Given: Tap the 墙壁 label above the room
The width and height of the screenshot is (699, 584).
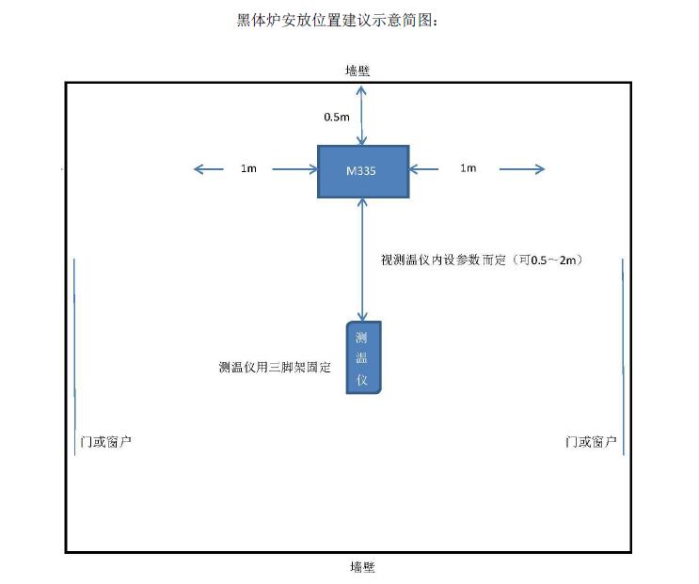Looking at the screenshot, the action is (357, 71).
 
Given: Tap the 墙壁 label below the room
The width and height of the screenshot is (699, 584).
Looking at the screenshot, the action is (362, 567).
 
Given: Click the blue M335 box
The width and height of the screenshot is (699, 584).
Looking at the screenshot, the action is (363, 171).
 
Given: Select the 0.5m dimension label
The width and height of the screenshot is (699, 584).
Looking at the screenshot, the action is (337, 118).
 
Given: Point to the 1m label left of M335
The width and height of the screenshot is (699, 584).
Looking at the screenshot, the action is (248, 168).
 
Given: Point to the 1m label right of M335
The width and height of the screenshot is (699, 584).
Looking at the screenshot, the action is (469, 168).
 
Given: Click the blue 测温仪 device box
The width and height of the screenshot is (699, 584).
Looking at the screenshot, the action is (364, 357).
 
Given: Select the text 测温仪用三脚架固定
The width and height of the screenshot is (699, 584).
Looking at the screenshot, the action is (275, 367).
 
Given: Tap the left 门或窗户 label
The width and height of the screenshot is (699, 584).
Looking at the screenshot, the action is (105, 442).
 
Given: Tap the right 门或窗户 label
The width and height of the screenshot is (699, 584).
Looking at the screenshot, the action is (591, 442).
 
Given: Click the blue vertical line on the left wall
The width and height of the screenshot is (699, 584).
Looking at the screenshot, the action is (74, 356).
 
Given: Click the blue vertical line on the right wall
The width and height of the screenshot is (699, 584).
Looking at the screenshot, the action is (623, 356).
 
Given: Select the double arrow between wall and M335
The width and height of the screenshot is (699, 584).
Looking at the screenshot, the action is (361, 116).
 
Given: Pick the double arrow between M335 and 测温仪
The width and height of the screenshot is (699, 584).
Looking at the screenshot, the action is (363, 260).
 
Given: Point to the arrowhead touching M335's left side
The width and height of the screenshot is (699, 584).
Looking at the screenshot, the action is (313, 169).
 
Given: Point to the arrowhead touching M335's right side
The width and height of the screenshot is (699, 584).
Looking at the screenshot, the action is (413, 169).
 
